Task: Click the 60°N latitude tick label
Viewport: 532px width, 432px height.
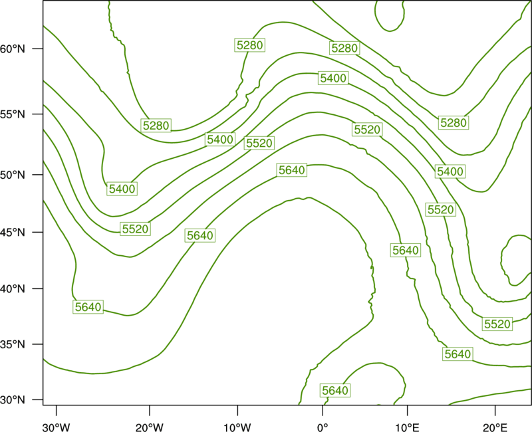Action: coord(13,49)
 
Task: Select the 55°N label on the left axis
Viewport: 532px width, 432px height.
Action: coord(13,114)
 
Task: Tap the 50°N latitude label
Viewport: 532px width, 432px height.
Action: coord(13,175)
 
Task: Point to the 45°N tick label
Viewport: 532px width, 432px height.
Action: coord(13,232)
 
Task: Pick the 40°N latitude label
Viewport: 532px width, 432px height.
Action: coord(13,289)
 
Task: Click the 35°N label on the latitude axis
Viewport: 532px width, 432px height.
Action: coord(13,344)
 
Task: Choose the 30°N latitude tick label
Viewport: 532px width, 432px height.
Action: coord(13,400)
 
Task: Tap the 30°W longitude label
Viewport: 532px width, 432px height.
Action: coord(57,427)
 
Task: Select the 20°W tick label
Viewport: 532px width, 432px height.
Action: coord(149,427)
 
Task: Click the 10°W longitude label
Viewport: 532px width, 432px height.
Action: coord(237,427)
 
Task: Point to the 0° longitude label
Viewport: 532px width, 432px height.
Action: coord(323,427)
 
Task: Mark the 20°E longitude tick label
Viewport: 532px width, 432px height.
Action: coord(495,427)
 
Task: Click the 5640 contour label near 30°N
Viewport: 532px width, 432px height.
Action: coord(335,390)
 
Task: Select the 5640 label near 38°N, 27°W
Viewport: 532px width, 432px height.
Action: coord(88,307)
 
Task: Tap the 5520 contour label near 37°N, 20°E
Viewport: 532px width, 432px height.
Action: coord(497,324)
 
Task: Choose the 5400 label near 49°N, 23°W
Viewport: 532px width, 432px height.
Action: coord(122,189)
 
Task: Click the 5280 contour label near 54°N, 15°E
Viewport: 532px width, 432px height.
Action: coord(454,122)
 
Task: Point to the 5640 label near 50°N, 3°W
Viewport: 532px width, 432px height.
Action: coord(292,170)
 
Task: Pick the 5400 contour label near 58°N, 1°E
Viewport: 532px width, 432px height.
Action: coord(334,78)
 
